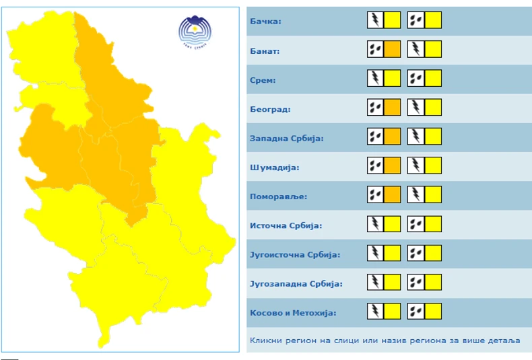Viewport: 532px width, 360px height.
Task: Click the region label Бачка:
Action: click(x=265, y=22)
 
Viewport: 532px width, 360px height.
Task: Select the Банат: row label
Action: click(x=265, y=50)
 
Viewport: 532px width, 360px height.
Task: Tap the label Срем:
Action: click(x=263, y=80)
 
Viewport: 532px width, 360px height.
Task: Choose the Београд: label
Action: click(x=270, y=109)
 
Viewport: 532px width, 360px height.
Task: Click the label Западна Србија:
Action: click(x=287, y=138)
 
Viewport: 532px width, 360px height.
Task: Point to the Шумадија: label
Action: click(x=274, y=168)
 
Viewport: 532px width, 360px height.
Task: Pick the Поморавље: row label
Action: click(x=278, y=196)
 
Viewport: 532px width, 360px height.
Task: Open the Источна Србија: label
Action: click(x=286, y=225)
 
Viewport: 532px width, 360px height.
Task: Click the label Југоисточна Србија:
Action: click(x=295, y=255)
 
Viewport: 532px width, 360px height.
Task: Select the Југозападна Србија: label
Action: click(x=296, y=284)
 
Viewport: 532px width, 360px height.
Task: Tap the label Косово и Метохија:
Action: click(x=293, y=313)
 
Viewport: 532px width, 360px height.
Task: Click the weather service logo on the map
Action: click(x=195, y=31)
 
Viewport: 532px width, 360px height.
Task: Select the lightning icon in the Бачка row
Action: click(x=375, y=20)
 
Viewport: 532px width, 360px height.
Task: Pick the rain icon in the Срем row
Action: click(x=415, y=79)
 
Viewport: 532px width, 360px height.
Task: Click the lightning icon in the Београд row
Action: click(x=415, y=108)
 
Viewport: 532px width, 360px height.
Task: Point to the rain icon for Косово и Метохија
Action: click(x=415, y=312)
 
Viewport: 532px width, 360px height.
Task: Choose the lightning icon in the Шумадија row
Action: click(x=415, y=166)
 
